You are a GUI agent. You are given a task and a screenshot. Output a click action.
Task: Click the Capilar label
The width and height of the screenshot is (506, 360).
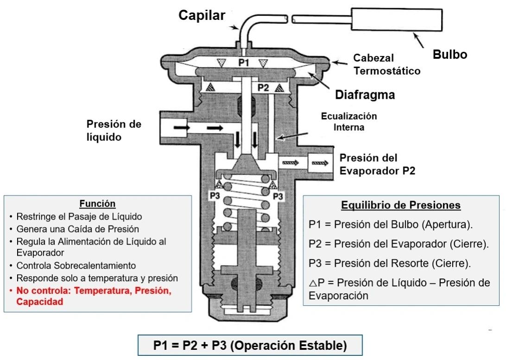(x=202, y=15)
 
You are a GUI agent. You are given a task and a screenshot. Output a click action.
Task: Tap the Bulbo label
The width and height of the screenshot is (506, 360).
(x=449, y=54)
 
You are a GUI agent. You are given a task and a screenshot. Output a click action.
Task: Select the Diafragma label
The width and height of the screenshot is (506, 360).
(x=365, y=95)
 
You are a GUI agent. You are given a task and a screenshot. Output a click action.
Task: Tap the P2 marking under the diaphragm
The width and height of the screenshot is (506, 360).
(x=263, y=87)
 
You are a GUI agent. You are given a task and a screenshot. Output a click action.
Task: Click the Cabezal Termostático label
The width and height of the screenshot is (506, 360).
(x=386, y=64)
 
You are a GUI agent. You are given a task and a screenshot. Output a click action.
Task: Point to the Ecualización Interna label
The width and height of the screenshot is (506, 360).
(x=349, y=121)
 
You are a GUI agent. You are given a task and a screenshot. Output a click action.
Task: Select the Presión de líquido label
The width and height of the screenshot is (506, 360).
(x=114, y=130)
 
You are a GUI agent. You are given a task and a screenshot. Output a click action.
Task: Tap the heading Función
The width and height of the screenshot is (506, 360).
(x=97, y=203)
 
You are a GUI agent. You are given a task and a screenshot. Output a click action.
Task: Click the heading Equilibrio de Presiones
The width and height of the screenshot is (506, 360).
(x=401, y=205)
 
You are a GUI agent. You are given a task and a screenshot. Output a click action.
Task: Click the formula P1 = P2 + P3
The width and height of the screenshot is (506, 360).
(x=250, y=346)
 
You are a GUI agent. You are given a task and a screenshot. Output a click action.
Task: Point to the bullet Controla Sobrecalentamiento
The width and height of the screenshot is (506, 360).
(x=76, y=266)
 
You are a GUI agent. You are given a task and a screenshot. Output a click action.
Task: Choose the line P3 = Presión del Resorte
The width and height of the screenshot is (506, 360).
(x=389, y=263)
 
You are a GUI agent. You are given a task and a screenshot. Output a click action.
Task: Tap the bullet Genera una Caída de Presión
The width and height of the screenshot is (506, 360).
(x=77, y=229)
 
